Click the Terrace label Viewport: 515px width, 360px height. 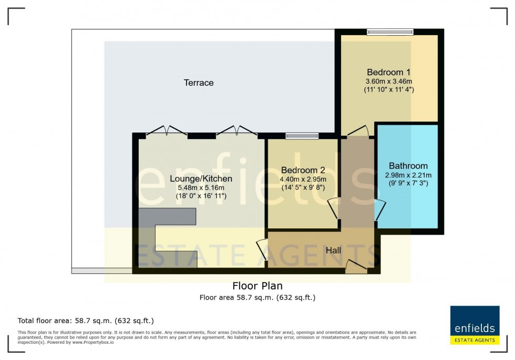coord(199,83)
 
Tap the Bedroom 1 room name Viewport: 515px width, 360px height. coord(388,72)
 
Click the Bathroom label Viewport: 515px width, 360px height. coord(408,166)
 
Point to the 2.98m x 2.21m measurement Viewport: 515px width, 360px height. coord(408,175)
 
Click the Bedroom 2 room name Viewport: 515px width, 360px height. coord(303,170)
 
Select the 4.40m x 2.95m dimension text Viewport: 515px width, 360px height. coord(303,179)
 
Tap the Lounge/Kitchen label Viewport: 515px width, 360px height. coord(201,179)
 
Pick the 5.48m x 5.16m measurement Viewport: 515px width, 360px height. coord(201,188)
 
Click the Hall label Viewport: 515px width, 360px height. coord(333,250)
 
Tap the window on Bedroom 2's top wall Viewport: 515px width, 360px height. coord(302,136)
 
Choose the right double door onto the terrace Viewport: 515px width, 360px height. coord(237,131)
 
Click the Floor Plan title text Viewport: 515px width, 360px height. coord(257,286)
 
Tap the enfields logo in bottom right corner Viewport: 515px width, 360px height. coord(475,325)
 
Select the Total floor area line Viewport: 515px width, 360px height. coord(86,320)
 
